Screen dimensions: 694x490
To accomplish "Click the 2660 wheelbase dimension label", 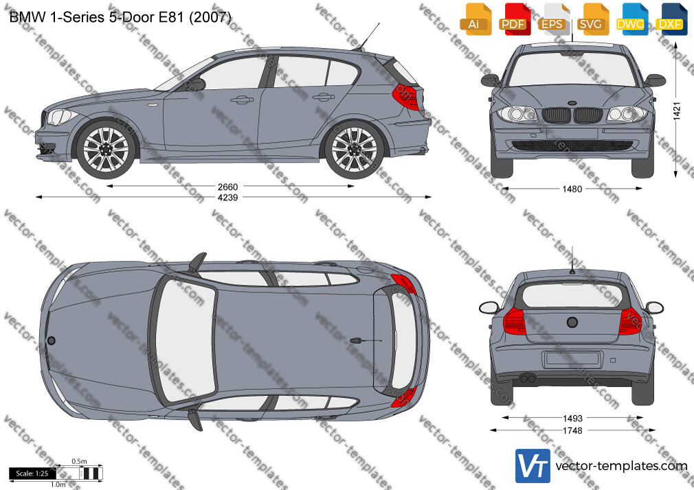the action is [x=227, y=187].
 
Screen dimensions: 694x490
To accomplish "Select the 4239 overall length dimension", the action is [x=227, y=197].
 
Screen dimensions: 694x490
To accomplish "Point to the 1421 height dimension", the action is [x=676, y=111].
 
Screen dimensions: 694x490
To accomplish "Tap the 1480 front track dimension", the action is [x=572, y=189].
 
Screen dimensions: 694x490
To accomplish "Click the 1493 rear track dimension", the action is [x=572, y=419].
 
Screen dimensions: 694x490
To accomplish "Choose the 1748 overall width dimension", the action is [x=572, y=430].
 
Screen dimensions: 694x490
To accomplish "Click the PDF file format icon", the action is [x=515, y=19].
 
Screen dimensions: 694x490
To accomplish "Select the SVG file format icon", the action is [x=593, y=19].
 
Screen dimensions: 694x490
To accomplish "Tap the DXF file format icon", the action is [x=671, y=19].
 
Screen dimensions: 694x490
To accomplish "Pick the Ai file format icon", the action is [x=475, y=19].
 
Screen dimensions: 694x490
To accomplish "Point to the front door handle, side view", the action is [x=242, y=100].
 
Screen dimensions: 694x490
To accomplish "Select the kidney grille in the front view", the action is [x=572, y=115].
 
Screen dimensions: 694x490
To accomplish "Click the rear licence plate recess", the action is [x=572, y=359].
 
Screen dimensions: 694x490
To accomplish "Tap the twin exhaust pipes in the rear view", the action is [x=527, y=379].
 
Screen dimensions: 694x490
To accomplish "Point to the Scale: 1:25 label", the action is [x=32, y=474].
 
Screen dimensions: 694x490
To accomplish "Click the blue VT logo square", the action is [x=533, y=466].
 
